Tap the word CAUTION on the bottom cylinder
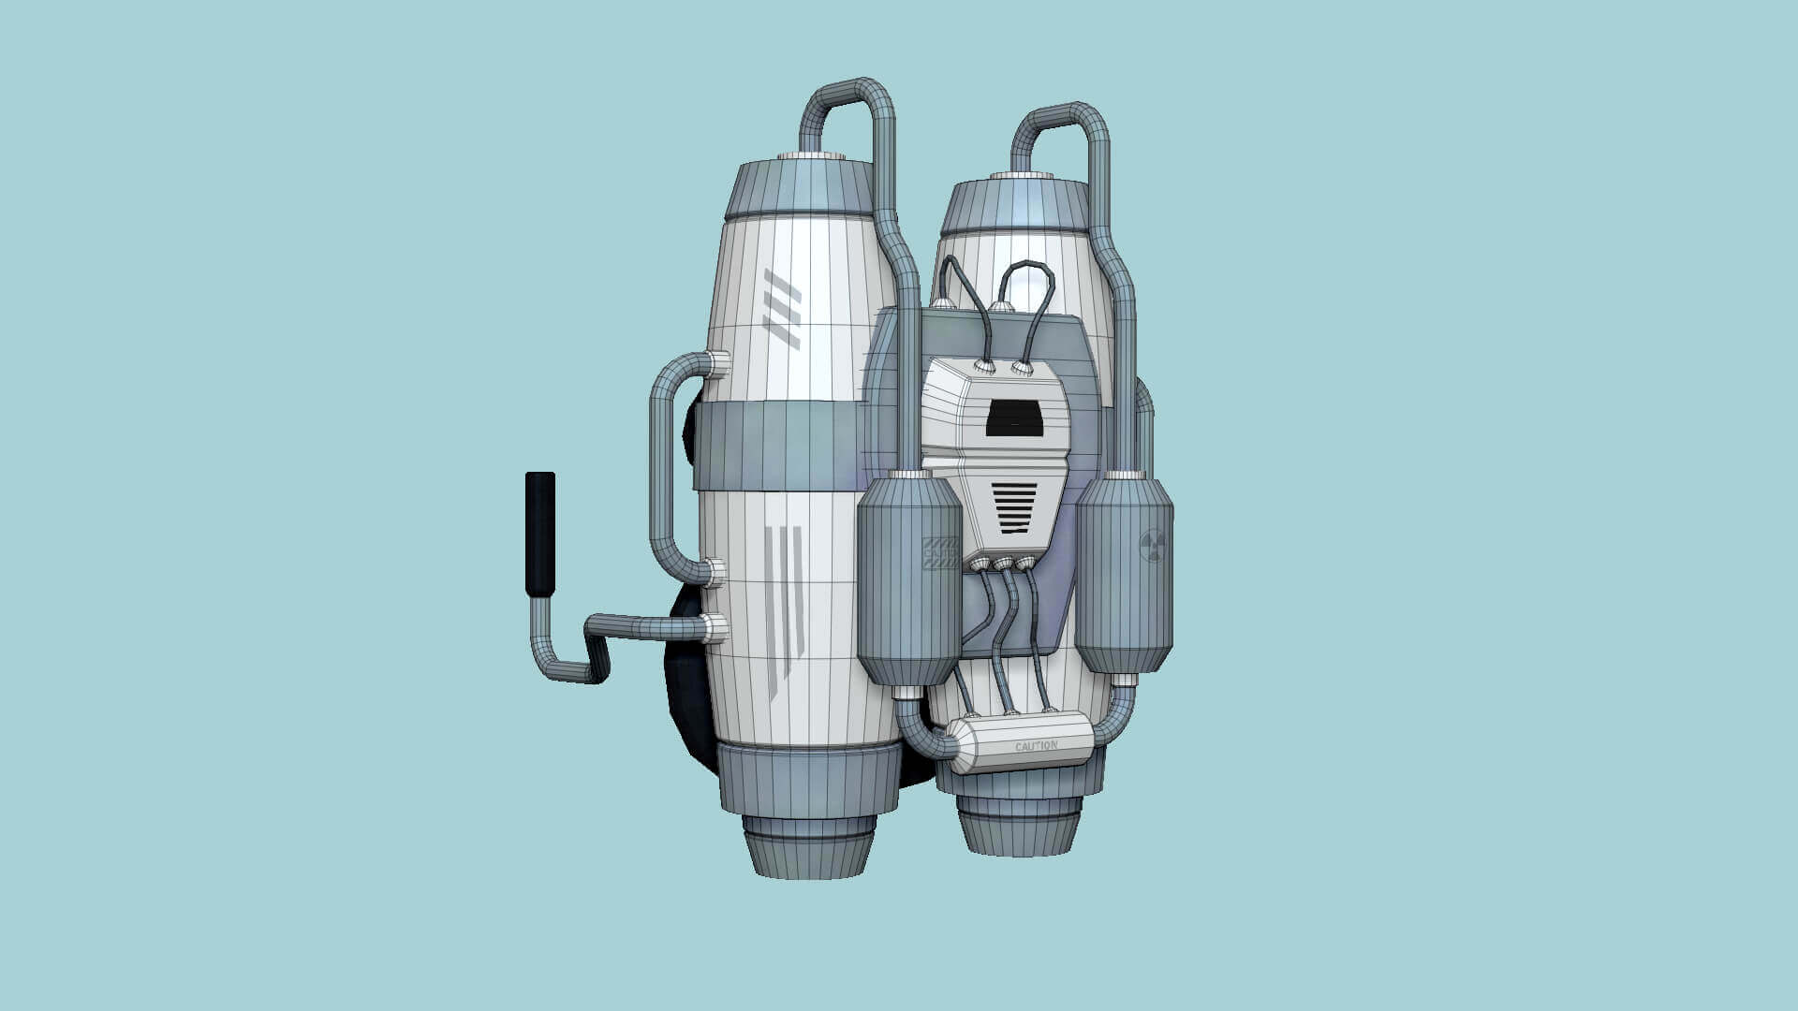[1036, 746]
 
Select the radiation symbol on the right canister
[1153, 546]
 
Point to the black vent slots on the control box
[1014, 507]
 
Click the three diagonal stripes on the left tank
[782, 308]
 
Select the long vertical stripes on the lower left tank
[785, 608]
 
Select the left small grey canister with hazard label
[909, 580]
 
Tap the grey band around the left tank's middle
[775, 445]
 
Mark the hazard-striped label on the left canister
[939, 552]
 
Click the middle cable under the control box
[1006, 637]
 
